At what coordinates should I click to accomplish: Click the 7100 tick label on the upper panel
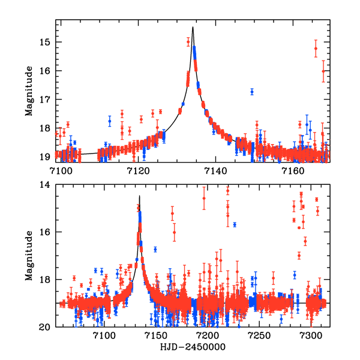tap(61, 170)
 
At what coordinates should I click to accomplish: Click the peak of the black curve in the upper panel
tap(193, 27)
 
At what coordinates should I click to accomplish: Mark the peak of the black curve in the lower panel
tap(139, 196)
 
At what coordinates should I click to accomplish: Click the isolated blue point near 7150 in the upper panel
tap(252, 91)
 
